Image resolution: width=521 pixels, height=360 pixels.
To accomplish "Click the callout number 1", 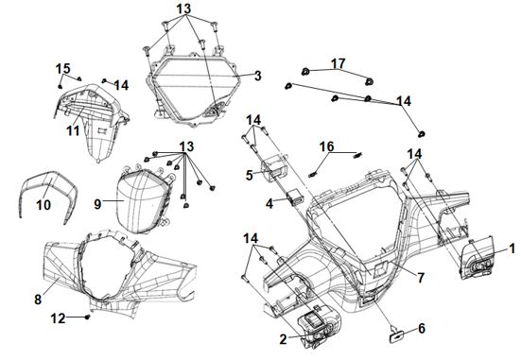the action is tap(512, 249).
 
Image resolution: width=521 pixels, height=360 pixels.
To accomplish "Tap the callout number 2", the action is tap(283, 339).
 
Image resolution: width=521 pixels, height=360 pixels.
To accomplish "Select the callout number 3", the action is tap(258, 76).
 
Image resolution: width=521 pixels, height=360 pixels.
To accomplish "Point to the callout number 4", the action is tap(269, 203).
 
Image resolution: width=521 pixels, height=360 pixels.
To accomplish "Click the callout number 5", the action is tap(250, 176).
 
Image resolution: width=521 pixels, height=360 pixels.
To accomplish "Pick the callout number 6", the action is tap(422, 329).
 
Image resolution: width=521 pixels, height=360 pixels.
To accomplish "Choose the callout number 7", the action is tap(421, 278).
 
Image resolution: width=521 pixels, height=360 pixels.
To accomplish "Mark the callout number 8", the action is tap(38, 300).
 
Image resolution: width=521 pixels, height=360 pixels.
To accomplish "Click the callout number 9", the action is tap(97, 204).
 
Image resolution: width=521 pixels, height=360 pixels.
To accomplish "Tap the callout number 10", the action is tap(43, 205).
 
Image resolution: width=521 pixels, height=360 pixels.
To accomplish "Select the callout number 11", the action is tap(73, 130).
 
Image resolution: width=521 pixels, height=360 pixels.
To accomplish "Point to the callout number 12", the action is tap(58, 318).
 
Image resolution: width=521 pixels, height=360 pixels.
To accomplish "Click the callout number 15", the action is tap(62, 68).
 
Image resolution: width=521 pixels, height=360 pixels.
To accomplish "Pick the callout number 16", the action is tap(326, 146).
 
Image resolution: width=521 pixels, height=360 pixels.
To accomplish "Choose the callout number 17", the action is tap(338, 63).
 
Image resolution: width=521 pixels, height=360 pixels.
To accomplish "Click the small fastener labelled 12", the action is tap(88, 317).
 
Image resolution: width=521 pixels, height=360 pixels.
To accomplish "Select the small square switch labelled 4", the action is tap(296, 197).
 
